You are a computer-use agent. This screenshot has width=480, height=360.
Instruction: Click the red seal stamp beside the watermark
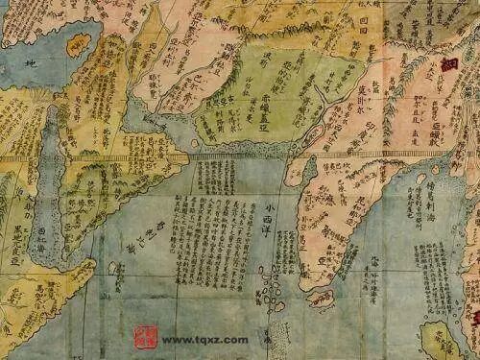click(x=143, y=337)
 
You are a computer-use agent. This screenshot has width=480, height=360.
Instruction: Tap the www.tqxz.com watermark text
click(x=204, y=340)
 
